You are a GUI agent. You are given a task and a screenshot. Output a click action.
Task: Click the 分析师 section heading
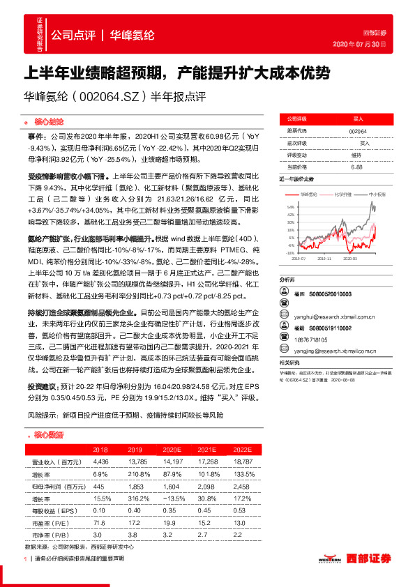click(287, 279)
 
